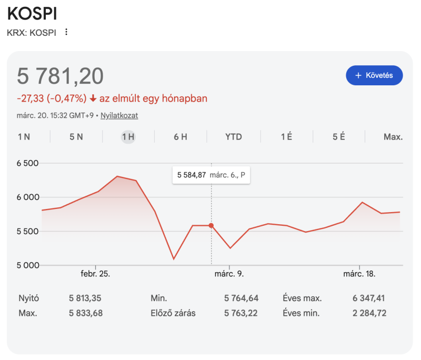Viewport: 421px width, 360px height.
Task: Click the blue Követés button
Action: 374,75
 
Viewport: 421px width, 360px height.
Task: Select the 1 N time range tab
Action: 24,137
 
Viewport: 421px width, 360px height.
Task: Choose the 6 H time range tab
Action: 181,137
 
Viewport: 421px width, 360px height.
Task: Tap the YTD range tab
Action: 234,137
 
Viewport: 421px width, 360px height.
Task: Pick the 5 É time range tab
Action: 338,137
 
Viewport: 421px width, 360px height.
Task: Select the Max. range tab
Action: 393,137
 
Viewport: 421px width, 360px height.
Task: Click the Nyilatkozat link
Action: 119,115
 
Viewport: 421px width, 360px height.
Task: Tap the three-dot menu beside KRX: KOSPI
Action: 66,32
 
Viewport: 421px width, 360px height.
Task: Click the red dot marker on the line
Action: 212,225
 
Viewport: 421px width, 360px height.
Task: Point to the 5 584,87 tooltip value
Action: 191,175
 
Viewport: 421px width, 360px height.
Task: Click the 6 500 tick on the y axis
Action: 28,163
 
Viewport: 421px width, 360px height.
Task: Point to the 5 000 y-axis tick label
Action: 28,265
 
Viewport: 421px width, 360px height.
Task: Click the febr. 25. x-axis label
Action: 95,274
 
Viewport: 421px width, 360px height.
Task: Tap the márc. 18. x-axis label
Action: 359,274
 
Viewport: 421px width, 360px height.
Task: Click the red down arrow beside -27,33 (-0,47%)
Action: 93,98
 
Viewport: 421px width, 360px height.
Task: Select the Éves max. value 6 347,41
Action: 369,298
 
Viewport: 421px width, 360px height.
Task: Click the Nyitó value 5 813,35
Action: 85,298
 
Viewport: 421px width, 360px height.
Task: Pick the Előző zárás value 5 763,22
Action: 242,314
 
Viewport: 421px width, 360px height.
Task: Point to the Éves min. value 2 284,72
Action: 369,314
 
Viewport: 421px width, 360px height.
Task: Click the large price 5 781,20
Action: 61,76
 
